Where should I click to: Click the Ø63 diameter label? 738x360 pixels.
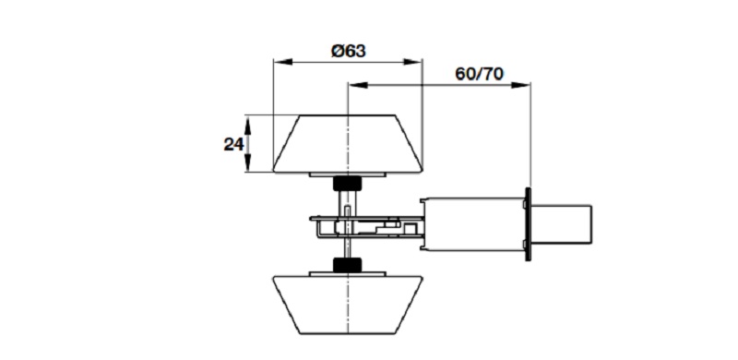pos(349,51)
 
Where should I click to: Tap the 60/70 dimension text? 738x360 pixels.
pos(479,74)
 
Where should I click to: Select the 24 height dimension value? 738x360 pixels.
pos(233,144)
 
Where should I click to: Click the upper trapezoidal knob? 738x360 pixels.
pos(348,143)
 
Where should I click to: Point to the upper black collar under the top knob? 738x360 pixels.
pos(348,184)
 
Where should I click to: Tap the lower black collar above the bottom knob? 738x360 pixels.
pos(348,265)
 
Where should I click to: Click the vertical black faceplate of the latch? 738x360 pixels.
pos(528,224)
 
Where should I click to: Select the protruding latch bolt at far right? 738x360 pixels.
pos(562,224)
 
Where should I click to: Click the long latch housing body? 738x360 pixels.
pos(472,224)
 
